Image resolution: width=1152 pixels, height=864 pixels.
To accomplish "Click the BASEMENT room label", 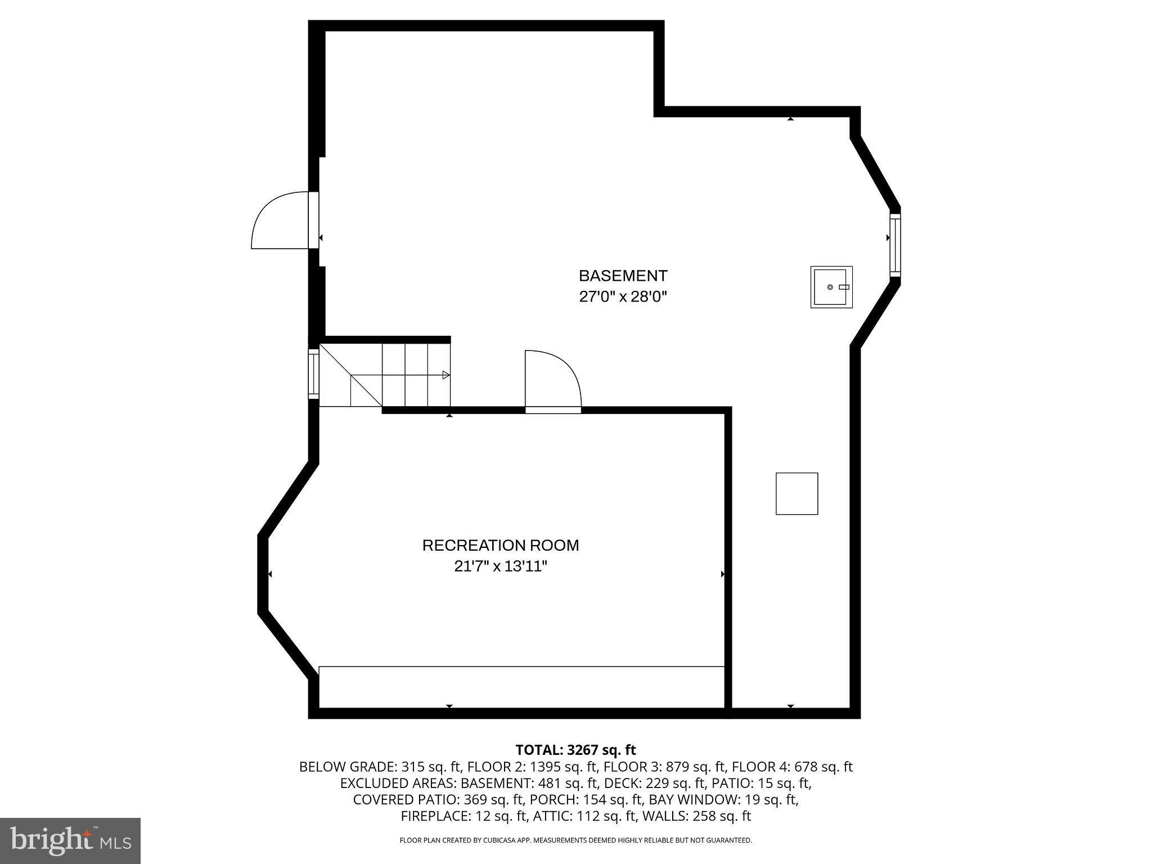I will (623, 276).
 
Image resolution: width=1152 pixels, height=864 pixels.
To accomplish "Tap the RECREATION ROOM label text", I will (500, 545).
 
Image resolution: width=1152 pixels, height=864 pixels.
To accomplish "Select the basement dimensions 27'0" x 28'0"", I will (623, 296).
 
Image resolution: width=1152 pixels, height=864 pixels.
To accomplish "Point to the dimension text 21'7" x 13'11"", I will (500, 566).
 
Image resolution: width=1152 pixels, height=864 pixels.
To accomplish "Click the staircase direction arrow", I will (445, 375).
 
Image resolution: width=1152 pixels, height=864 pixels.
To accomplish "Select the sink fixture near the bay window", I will (831, 287).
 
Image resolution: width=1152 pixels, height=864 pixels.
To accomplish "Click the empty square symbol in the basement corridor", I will (796, 493).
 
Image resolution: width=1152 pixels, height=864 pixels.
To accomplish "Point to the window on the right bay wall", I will (894, 245).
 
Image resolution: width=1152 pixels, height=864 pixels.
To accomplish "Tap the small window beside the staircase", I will (313, 374).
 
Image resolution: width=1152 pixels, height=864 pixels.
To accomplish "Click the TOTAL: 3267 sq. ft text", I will (575, 750).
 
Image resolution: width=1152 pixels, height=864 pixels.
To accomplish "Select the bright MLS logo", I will (70, 840).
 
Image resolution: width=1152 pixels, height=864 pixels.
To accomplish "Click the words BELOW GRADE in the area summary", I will (347, 767).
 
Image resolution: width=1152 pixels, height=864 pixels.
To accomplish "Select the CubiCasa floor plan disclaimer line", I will (575, 840).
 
